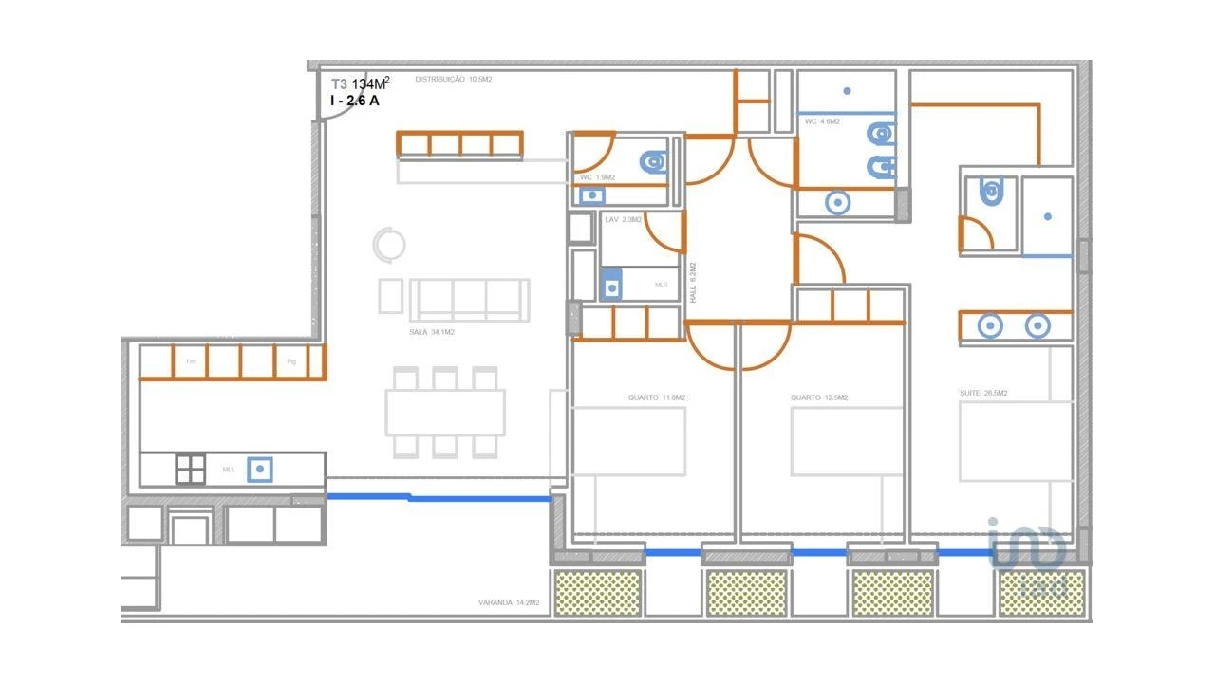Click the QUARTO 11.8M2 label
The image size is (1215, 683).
(656, 397)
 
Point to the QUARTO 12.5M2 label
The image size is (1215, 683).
(818, 397)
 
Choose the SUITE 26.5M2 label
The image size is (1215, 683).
(982, 393)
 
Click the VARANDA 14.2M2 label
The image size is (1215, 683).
(509, 602)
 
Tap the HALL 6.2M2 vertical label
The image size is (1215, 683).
(693, 283)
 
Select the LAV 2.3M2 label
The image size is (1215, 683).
(623, 220)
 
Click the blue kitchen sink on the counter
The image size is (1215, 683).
(260, 469)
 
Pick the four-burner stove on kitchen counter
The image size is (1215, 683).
(190, 470)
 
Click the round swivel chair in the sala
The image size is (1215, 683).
(388, 245)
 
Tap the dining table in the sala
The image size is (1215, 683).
(445, 413)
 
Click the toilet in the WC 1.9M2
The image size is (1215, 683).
(652, 164)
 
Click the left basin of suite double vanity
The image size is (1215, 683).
(990, 326)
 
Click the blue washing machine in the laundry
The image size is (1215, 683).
(612, 284)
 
